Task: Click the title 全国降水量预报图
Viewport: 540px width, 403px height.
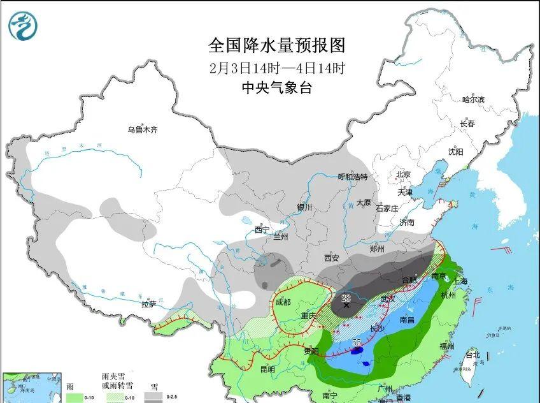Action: tap(276, 46)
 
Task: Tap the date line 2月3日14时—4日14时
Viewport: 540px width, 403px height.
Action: tap(276, 68)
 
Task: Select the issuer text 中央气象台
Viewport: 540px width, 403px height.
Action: tap(276, 88)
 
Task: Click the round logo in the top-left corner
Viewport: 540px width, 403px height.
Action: tap(23, 26)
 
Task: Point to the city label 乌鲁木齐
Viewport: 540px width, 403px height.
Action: tap(142, 130)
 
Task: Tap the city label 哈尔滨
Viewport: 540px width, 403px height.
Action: tap(473, 99)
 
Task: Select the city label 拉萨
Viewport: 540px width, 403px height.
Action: tap(148, 304)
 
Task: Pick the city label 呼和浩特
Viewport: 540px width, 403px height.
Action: tap(352, 177)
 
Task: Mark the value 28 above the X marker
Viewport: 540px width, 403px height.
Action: tap(346, 297)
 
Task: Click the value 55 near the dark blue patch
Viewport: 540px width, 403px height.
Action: tap(357, 343)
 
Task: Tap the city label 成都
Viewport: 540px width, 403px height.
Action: tap(283, 302)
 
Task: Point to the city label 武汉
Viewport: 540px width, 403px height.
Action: tap(388, 298)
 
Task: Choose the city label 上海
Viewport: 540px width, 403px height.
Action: tap(459, 281)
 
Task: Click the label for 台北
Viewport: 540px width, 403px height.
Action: tap(472, 354)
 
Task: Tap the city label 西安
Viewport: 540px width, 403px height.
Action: tap(331, 258)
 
